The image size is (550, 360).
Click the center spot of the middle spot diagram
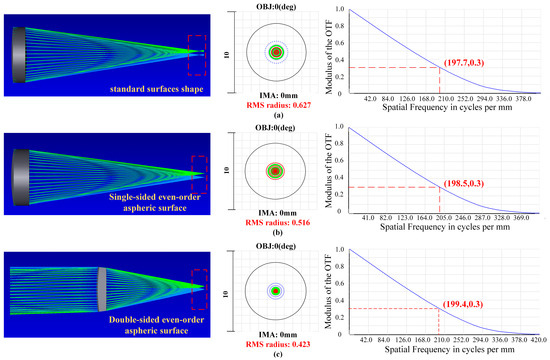273,171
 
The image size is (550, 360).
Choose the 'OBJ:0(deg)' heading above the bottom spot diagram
273,245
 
